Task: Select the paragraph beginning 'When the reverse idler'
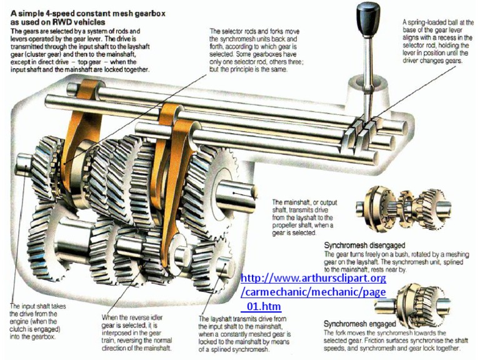[143, 332]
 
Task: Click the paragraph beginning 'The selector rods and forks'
[251, 50]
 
